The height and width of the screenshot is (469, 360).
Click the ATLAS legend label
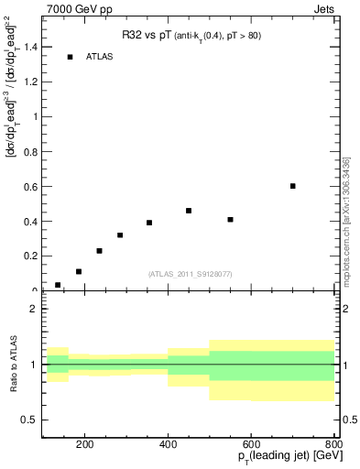(99, 57)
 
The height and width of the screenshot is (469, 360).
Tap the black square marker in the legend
(70, 57)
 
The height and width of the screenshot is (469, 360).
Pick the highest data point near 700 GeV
(293, 186)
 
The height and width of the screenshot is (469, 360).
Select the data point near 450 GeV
(189, 211)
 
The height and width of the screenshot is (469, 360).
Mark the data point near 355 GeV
(149, 223)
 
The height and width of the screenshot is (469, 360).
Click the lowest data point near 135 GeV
(58, 285)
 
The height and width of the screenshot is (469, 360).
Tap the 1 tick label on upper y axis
(36, 116)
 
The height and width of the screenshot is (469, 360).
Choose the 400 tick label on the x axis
(169, 446)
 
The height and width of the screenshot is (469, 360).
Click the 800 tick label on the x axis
(334, 446)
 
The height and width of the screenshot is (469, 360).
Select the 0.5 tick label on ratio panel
(31, 420)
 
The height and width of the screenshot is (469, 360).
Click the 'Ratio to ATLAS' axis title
(12, 365)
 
